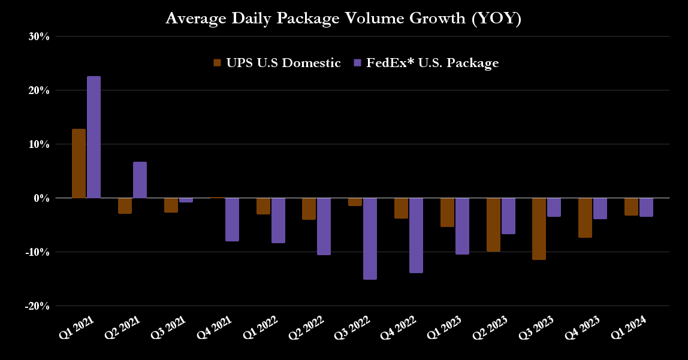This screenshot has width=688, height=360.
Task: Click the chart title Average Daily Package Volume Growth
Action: [x=343, y=19]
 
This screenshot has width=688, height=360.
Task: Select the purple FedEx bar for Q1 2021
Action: [x=93, y=137]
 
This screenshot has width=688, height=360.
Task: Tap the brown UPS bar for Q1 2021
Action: [x=79, y=163]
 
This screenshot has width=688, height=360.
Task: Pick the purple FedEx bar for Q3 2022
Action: [x=370, y=238]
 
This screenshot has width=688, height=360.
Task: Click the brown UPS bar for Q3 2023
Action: [x=539, y=228]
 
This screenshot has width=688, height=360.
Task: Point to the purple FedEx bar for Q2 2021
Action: [x=140, y=180]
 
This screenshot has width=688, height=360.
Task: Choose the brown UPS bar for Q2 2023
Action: [x=493, y=224]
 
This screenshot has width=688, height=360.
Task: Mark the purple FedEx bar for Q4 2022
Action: [x=416, y=235]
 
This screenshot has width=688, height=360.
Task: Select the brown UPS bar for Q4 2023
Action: [x=585, y=217]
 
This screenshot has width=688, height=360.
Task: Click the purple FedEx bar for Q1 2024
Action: [x=646, y=207]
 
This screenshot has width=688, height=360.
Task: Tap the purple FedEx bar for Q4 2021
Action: [x=232, y=219]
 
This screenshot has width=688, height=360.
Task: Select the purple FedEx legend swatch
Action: [x=357, y=63]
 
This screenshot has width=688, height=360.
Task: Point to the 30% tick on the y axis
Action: [x=38, y=37]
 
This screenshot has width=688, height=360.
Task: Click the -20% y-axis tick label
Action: [x=37, y=306]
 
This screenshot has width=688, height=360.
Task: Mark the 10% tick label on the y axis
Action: [x=38, y=144]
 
